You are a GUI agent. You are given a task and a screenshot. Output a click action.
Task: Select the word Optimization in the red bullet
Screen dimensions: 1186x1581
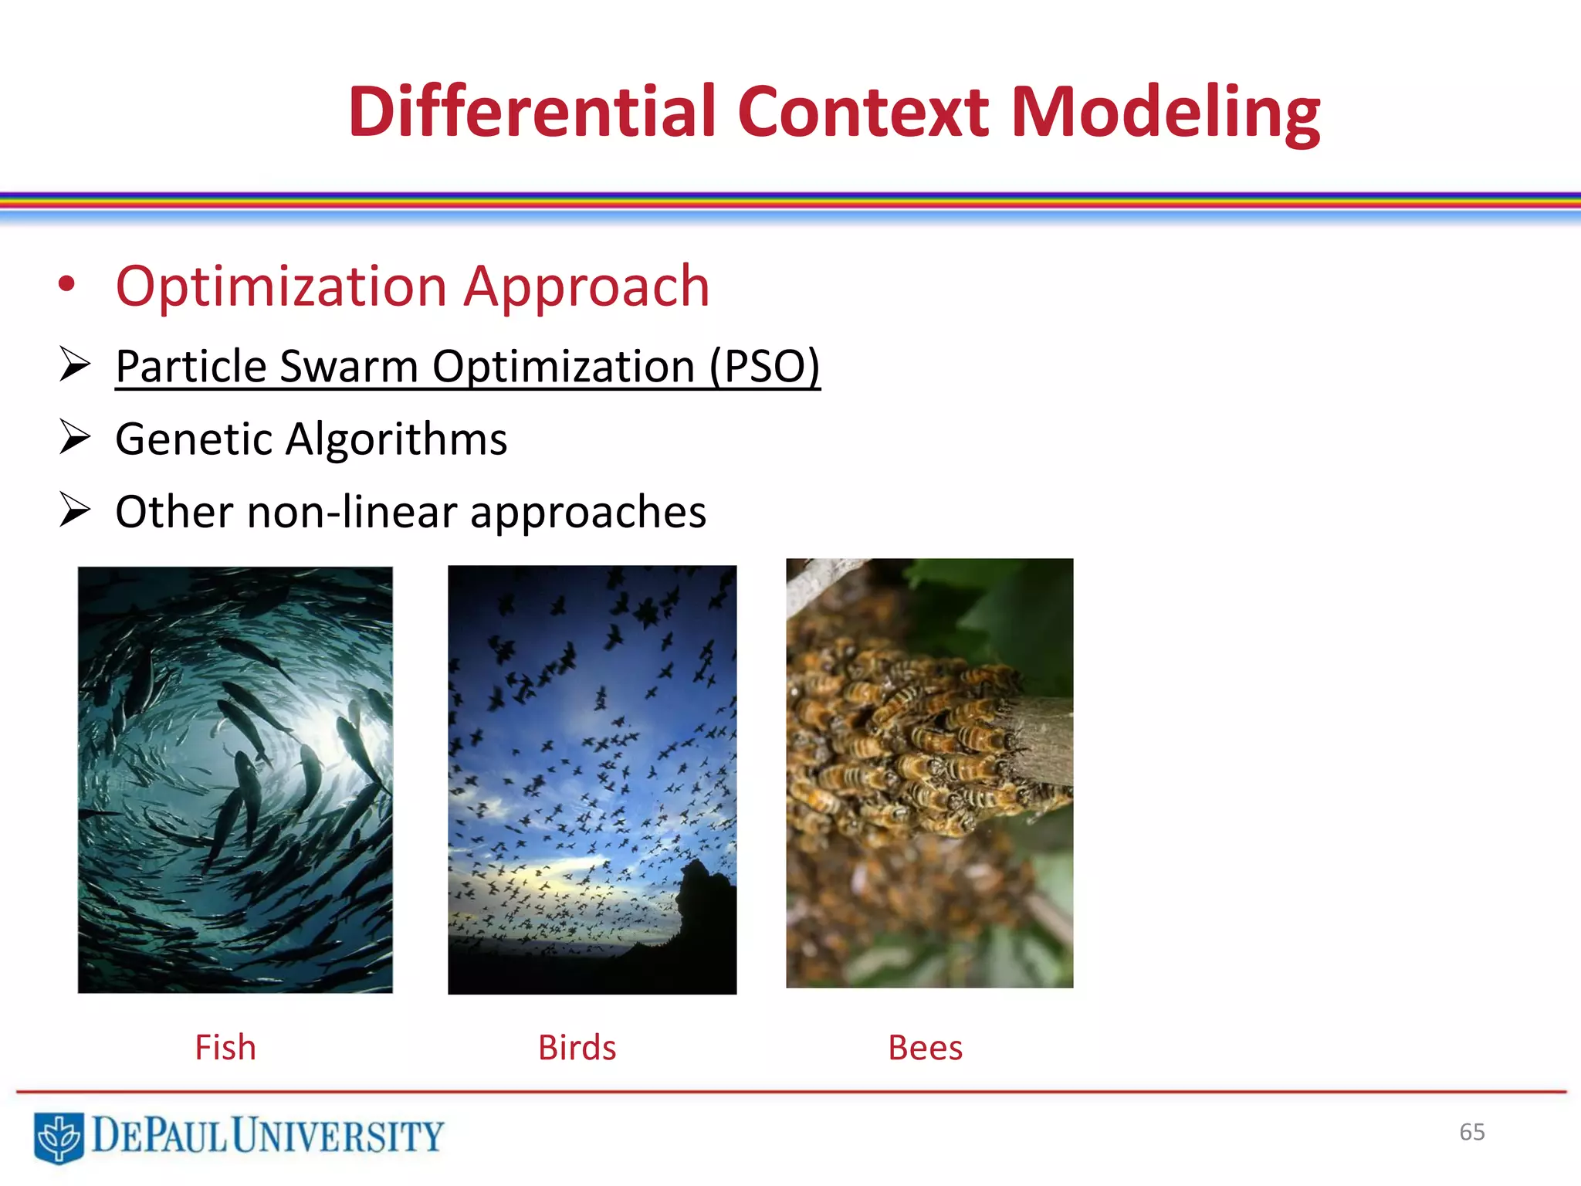point(281,286)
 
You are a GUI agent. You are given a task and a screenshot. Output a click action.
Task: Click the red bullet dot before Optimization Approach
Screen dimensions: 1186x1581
point(67,284)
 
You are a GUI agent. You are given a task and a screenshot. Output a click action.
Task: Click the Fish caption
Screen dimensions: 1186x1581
point(225,1048)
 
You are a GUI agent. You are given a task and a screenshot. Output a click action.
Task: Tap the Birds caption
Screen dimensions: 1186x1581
point(577,1048)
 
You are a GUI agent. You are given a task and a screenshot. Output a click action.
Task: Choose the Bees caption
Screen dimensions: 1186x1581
point(925,1048)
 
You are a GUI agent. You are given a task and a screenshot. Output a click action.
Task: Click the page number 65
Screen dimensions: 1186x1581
point(1471,1132)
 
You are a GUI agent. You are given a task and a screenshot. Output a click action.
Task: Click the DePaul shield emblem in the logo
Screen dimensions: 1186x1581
point(59,1137)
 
